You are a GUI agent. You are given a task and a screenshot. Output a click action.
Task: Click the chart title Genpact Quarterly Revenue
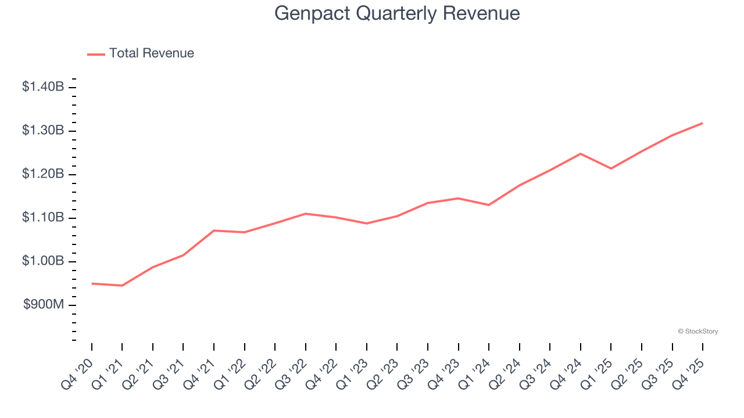click(x=397, y=13)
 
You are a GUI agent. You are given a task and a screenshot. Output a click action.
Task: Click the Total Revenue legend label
click(x=151, y=53)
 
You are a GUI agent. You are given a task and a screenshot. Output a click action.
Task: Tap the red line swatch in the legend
click(x=96, y=54)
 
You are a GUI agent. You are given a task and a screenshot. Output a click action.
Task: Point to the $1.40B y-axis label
click(x=43, y=87)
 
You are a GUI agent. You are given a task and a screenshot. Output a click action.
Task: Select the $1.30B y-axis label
click(x=43, y=131)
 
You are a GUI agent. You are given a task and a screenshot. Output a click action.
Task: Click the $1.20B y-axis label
click(x=43, y=174)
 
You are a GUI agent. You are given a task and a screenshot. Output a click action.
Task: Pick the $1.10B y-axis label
click(x=43, y=218)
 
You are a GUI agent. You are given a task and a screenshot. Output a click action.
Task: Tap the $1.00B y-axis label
click(x=43, y=261)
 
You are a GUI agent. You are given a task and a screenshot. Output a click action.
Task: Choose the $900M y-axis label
click(x=43, y=305)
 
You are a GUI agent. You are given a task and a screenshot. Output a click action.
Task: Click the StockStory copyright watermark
click(x=697, y=331)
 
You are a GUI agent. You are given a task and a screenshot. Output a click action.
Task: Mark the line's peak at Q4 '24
click(x=580, y=154)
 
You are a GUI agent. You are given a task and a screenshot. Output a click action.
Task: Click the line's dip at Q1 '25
click(x=611, y=168)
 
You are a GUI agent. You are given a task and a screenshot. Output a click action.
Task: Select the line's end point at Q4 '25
click(x=702, y=123)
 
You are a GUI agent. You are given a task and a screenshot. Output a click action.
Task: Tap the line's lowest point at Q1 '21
click(x=122, y=286)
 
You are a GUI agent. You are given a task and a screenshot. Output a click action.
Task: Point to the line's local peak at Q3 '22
click(x=306, y=214)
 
